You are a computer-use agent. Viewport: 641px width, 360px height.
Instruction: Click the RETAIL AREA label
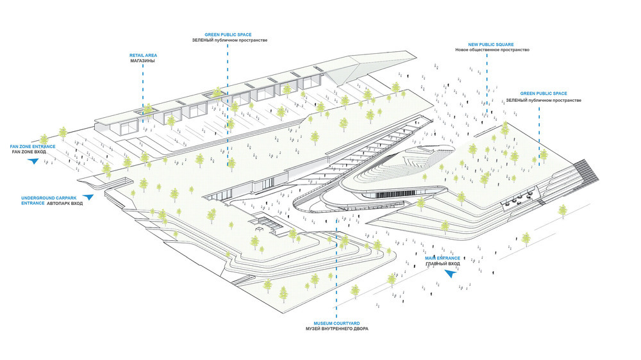[x=143, y=55]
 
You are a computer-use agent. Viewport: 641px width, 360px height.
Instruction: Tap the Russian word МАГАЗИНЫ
[x=143, y=61]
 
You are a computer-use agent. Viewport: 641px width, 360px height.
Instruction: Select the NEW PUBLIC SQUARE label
[x=491, y=45]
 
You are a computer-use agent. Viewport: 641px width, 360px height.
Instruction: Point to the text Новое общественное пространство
[x=492, y=50]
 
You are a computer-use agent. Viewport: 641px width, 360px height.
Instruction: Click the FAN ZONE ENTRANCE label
[x=33, y=146]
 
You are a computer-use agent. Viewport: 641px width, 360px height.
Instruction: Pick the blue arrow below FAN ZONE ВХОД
[x=33, y=161]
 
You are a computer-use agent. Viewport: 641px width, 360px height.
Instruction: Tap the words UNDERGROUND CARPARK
[x=44, y=198]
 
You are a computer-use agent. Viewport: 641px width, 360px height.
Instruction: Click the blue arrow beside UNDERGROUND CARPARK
[x=88, y=197]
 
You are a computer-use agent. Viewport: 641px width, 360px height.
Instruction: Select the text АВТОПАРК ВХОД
[x=65, y=204]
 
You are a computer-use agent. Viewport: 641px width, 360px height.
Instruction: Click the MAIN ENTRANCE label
[x=442, y=258]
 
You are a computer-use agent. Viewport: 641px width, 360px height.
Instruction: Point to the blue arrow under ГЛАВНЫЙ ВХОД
[x=450, y=274]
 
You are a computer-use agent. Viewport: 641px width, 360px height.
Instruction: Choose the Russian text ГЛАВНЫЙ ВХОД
[x=443, y=264]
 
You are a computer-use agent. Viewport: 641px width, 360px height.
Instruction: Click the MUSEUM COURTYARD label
[x=337, y=323]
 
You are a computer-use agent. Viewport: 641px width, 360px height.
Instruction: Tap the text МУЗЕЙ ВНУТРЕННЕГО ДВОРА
[x=337, y=329]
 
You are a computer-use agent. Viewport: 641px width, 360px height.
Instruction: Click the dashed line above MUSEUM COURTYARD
[x=337, y=268]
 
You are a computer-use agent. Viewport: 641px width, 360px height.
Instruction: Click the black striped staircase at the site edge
[x=587, y=170]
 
